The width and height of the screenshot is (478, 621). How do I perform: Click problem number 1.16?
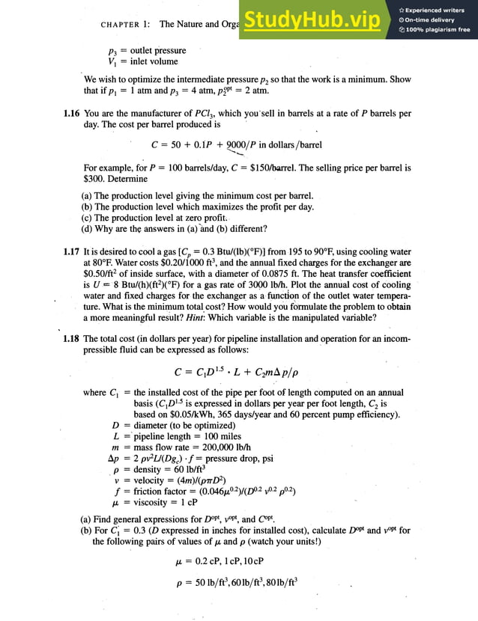coord(73,114)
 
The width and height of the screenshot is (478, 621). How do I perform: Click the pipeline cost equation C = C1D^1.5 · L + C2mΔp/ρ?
coord(240,371)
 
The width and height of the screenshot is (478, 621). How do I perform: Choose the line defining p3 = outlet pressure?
coord(147,51)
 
